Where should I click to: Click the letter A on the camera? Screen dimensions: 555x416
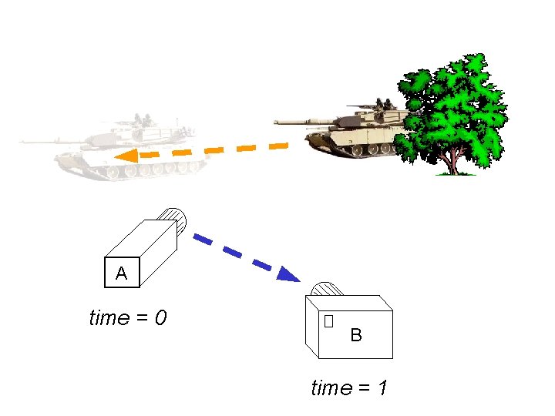click(121, 273)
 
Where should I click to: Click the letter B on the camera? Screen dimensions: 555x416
click(356, 335)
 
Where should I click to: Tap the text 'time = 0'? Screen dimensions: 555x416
click(128, 317)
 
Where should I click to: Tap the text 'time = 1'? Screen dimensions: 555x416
click(348, 387)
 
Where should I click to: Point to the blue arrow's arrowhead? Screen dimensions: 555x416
click(288, 273)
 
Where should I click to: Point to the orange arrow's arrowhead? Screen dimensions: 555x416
click(126, 156)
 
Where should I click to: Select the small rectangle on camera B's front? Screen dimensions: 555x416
click(329, 321)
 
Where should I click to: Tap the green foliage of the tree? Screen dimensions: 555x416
click(455, 108)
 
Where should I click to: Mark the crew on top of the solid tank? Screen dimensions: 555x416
click(383, 102)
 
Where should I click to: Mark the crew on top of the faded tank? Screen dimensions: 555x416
click(142, 120)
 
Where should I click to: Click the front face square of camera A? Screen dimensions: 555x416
click(121, 270)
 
